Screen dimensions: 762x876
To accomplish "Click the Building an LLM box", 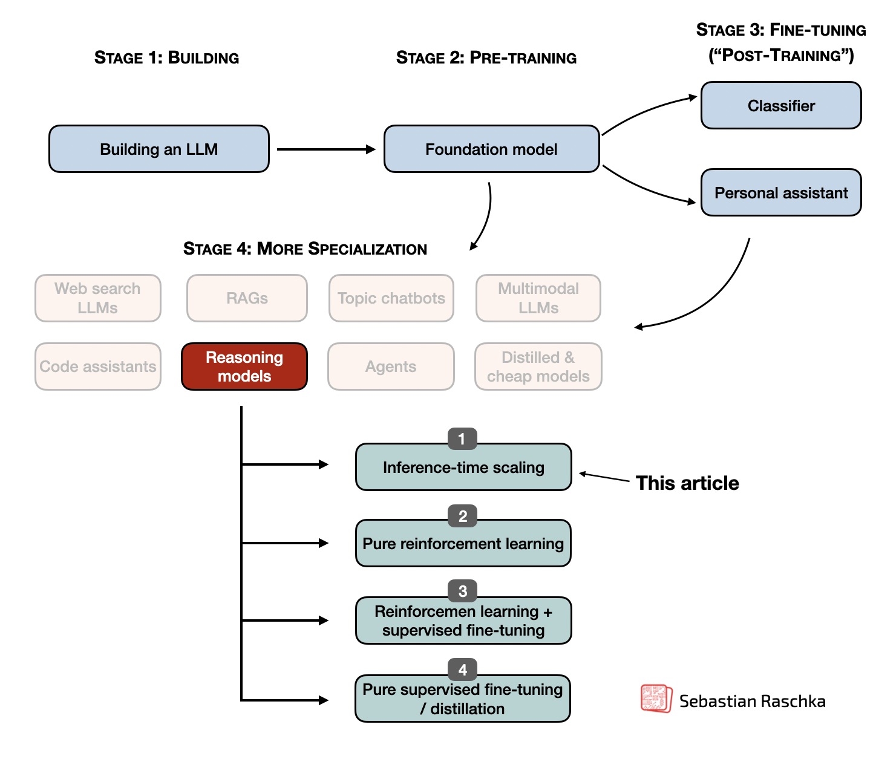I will tap(159, 149).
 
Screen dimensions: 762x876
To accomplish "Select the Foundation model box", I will tap(491, 149).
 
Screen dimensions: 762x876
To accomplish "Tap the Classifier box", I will tap(781, 106).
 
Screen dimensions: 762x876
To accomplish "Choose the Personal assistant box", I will tap(781, 193).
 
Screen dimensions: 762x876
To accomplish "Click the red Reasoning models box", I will tap(244, 366).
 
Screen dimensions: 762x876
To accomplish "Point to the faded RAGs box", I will tap(247, 298).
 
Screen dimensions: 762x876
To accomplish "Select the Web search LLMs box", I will tap(98, 298).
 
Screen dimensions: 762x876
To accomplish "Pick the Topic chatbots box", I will tap(391, 298).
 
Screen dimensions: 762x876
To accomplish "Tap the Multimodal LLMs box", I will tap(538, 298).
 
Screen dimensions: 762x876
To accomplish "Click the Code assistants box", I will tap(98, 366).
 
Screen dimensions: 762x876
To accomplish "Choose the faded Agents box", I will tap(391, 366).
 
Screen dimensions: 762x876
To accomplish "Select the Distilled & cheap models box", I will tap(538, 366).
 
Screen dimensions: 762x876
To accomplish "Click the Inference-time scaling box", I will tap(463, 467).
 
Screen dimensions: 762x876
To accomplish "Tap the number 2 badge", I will tap(463, 516).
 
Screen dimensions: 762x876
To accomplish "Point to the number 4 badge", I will tap(463, 669).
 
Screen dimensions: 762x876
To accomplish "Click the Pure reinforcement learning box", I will tap(463, 544).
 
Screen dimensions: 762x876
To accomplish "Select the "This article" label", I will tap(687, 483).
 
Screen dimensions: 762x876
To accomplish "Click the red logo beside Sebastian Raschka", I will tap(656, 698).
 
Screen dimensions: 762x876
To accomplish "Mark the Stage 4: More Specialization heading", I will tap(305, 249).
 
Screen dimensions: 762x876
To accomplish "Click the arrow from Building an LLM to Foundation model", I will tap(327, 149).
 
